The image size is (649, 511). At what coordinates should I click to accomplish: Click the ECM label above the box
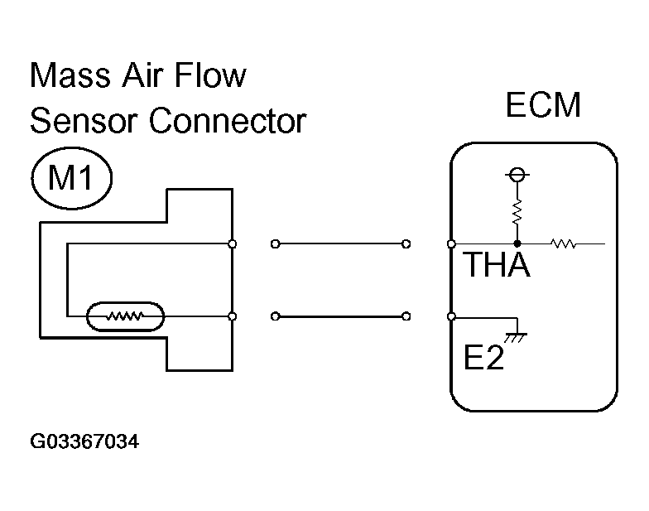[x=543, y=104]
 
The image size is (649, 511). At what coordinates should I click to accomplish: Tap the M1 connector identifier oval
[x=71, y=177]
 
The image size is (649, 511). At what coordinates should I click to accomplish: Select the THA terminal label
[x=497, y=264]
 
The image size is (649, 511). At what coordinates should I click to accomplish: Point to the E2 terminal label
[x=483, y=357]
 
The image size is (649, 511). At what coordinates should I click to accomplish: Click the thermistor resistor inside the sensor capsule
[x=125, y=316]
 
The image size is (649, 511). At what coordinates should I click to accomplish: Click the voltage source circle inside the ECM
[x=517, y=174]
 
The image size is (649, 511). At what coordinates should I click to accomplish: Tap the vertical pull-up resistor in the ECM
[x=517, y=212]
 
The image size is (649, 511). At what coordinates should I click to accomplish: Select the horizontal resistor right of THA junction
[x=563, y=243]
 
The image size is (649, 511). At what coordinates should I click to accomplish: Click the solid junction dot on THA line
[x=517, y=243]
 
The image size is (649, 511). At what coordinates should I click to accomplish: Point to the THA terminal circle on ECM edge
[x=452, y=243]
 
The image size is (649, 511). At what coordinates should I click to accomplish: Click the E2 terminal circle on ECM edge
[x=452, y=316]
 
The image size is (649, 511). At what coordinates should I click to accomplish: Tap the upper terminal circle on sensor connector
[x=233, y=243]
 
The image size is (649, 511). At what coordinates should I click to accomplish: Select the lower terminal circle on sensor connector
[x=233, y=316]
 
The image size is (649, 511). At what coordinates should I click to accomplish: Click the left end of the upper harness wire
[x=275, y=243]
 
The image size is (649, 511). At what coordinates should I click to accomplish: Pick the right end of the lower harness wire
[x=406, y=316]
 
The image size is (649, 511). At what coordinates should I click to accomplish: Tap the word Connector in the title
[x=228, y=121]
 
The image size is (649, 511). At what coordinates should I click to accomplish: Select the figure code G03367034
[x=84, y=441]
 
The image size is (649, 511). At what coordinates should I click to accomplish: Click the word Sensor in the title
[x=83, y=121]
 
